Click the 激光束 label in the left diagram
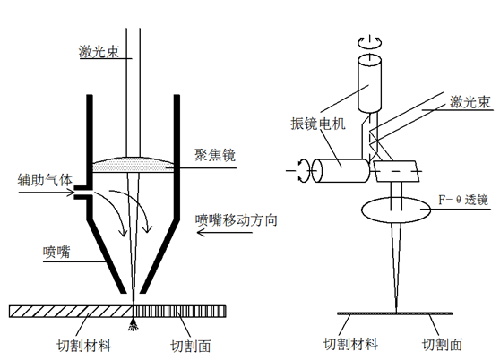(99, 52)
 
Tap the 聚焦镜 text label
(215, 155)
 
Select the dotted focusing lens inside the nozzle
(134, 165)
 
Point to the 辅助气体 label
(45, 180)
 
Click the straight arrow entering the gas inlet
(47, 193)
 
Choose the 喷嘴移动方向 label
(236, 220)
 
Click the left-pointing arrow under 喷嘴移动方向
(224, 233)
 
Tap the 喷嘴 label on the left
(56, 252)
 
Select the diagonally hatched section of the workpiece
(71, 312)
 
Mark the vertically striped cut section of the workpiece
(179, 312)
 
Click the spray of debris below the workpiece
(133, 324)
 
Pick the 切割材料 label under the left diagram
(84, 346)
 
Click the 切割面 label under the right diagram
(442, 345)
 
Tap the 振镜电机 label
(318, 124)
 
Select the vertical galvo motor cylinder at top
(369, 83)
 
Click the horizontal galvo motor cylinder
(341, 171)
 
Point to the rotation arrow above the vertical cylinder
(369, 43)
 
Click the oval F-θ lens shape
(396, 210)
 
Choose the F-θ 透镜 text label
(463, 200)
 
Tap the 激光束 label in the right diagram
(470, 102)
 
